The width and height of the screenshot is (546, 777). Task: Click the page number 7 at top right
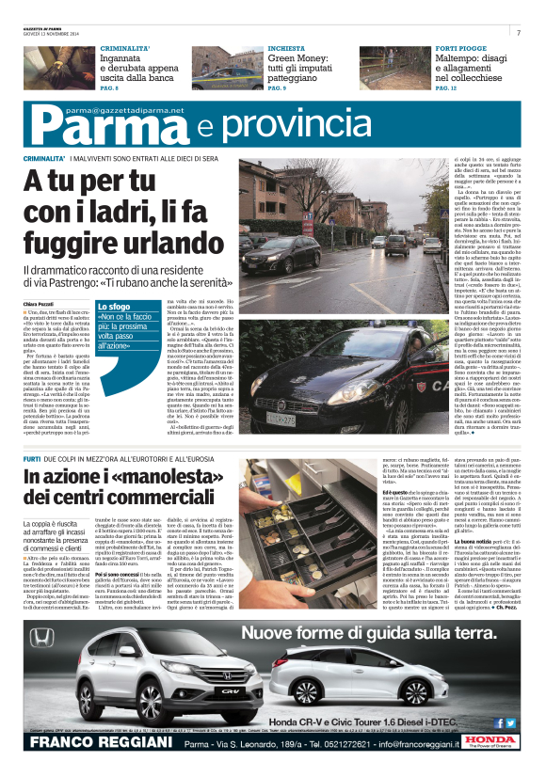pos(518,32)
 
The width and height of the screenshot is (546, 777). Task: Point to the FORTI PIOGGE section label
pos(459,47)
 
